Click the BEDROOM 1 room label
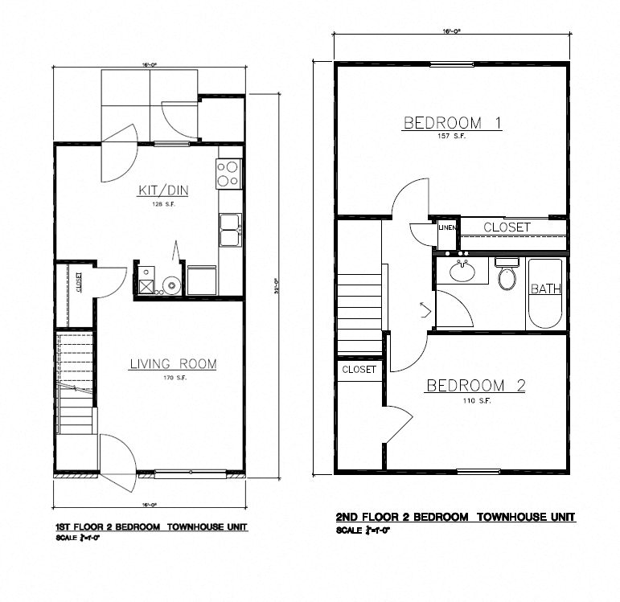point(453,123)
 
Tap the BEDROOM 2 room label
point(475,386)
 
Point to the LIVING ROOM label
point(173,364)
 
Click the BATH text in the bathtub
point(546,289)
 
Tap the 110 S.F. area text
point(475,400)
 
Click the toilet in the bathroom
point(507,276)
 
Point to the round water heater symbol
point(170,285)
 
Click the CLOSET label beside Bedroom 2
point(359,370)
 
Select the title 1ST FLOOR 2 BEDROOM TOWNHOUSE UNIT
point(150,527)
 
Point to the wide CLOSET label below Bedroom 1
point(507,227)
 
